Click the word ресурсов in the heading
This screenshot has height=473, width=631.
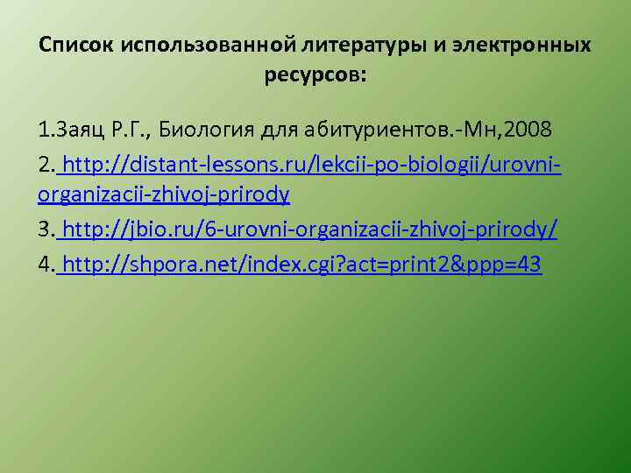pyautogui.click(x=315, y=74)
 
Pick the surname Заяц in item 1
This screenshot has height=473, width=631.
pyautogui.click(x=81, y=131)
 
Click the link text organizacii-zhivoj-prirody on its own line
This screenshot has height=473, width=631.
pyautogui.click(x=165, y=194)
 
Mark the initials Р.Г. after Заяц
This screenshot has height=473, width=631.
pyautogui.click(x=131, y=131)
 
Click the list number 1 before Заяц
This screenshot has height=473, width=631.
pyautogui.click(x=44, y=131)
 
